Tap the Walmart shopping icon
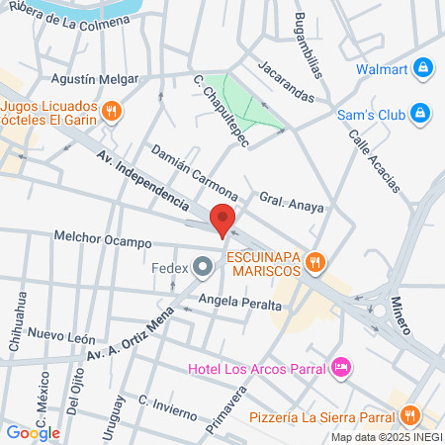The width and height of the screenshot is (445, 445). (x=423, y=68)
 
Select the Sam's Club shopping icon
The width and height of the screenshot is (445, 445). (x=420, y=113)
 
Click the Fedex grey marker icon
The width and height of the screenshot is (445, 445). (x=203, y=266)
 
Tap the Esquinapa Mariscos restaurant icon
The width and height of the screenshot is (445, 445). (x=315, y=261)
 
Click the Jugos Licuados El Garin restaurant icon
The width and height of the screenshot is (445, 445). (x=112, y=111)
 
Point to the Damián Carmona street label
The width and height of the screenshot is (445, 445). (x=193, y=170)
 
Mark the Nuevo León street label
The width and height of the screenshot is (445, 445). (x=61, y=337)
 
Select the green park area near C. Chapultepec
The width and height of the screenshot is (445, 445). (x=246, y=103)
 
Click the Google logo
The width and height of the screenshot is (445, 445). (x=33, y=432)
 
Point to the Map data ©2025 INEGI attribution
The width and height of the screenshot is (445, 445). (x=385, y=437)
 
